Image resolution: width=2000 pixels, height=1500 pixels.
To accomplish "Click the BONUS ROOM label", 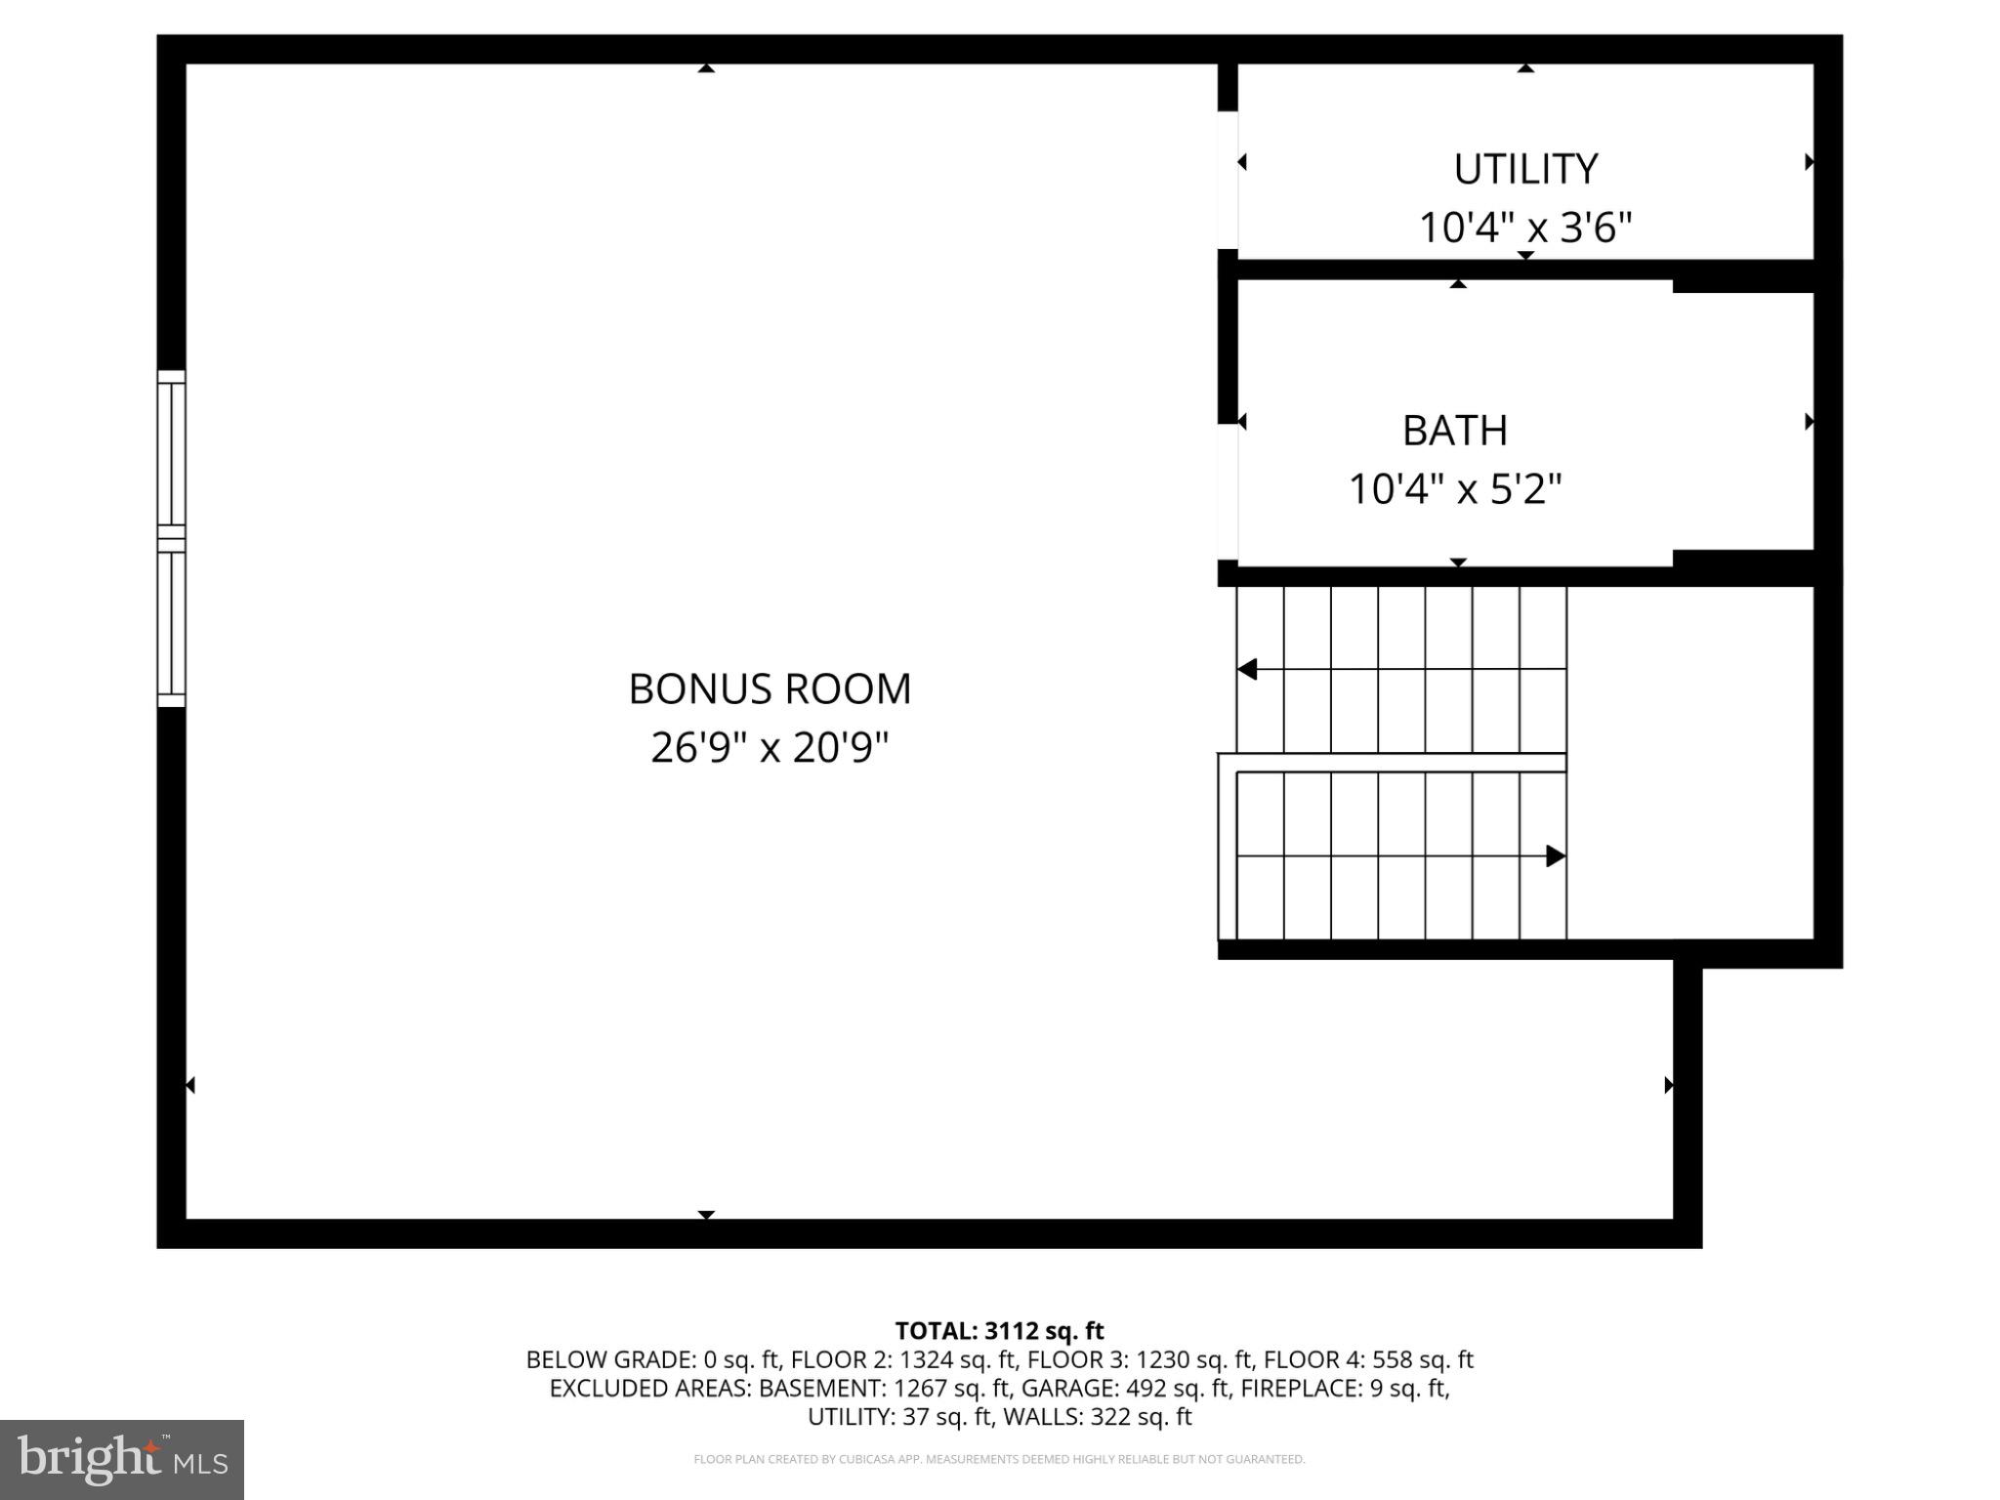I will tap(770, 688).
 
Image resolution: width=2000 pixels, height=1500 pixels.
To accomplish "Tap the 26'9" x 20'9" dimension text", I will tap(770, 748).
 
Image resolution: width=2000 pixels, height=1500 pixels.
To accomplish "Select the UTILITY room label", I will tap(1525, 169).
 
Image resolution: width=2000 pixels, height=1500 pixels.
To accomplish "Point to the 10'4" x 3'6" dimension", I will tap(1525, 228).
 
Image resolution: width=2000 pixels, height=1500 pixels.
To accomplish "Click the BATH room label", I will tap(1455, 431).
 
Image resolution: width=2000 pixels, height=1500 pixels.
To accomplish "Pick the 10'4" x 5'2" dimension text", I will tap(1455, 488).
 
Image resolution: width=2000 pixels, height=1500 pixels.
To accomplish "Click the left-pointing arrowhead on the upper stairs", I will tap(1247, 670).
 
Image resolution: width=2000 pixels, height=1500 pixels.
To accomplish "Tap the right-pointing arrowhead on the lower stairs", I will tap(1556, 856).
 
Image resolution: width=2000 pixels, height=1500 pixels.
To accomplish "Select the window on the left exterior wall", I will tap(172, 538).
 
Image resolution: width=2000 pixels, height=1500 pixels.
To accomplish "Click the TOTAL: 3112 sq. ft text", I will tap(999, 1331).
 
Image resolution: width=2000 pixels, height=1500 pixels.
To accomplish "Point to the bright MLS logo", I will tap(122, 1459).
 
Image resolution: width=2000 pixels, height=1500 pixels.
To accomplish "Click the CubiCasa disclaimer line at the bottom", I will tap(999, 1459).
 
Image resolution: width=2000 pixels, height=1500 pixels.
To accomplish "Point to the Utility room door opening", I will tap(1228, 181).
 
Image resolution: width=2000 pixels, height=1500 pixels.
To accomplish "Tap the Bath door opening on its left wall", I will tap(1228, 492).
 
